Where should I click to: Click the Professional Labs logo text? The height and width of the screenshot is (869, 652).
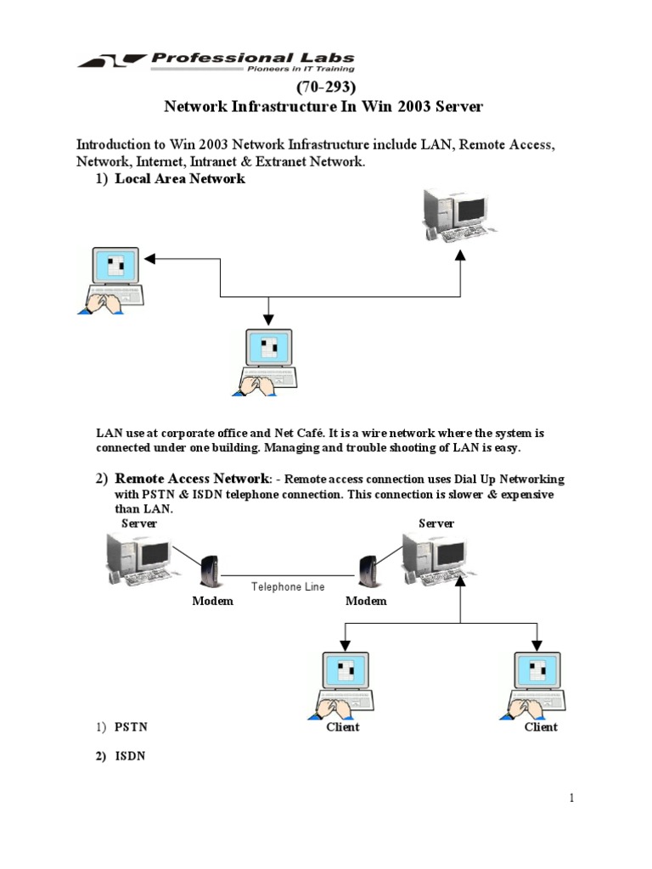coord(252,58)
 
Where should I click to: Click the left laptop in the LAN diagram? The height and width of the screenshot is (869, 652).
coord(113,281)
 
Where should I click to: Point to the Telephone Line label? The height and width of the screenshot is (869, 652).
coord(288,586)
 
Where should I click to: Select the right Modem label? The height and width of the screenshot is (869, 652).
coord(366,601)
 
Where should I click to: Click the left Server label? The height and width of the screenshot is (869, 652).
coord(139,524)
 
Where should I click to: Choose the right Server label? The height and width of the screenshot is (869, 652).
coord(436,524)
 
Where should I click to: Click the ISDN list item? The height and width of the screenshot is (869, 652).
coord(130,756)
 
